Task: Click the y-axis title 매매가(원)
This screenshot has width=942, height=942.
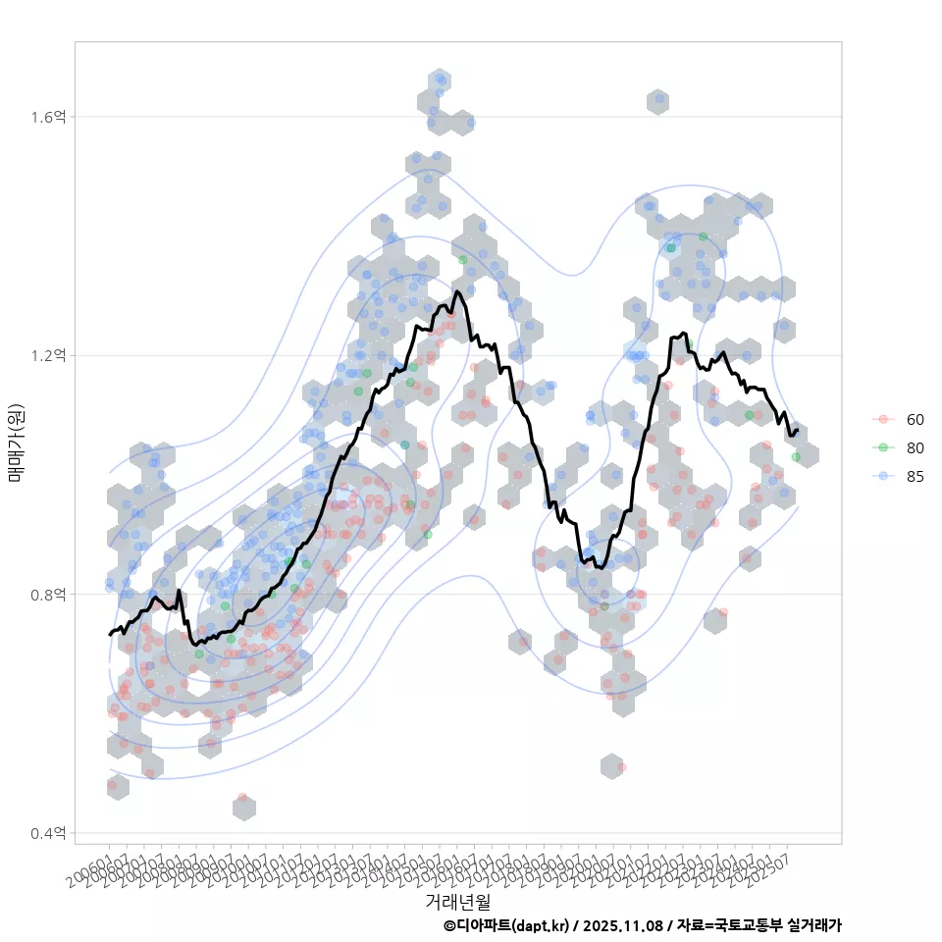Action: click(x=17, y=444)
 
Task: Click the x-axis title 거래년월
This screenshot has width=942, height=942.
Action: click(x=457, y=900)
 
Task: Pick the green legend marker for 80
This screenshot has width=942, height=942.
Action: click(x=883, y=448)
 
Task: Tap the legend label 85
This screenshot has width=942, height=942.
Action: click(x=915, y=478)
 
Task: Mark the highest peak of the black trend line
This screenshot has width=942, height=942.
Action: click(x=457, y=291)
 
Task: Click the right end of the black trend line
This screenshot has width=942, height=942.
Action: click(x=797, y=430)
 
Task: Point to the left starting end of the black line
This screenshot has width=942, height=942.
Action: click(x=110, y=635)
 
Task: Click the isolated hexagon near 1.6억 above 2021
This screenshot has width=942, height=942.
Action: click(x=658, y=100)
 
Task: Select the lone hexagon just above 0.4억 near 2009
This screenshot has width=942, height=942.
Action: click(x=244, y=807)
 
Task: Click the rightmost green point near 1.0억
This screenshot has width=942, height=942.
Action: click(x=796, y=457)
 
